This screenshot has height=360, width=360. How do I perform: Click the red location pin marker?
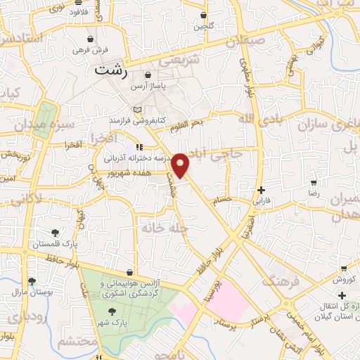(x=181, y=165)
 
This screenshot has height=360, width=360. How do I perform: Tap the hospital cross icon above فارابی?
(x=261, y=189)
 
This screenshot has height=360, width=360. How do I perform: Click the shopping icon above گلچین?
(x=203, y=15)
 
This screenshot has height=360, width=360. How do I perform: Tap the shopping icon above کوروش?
(x=343, y=268)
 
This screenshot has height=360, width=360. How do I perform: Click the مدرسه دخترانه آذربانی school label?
(x=131, y=159)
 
